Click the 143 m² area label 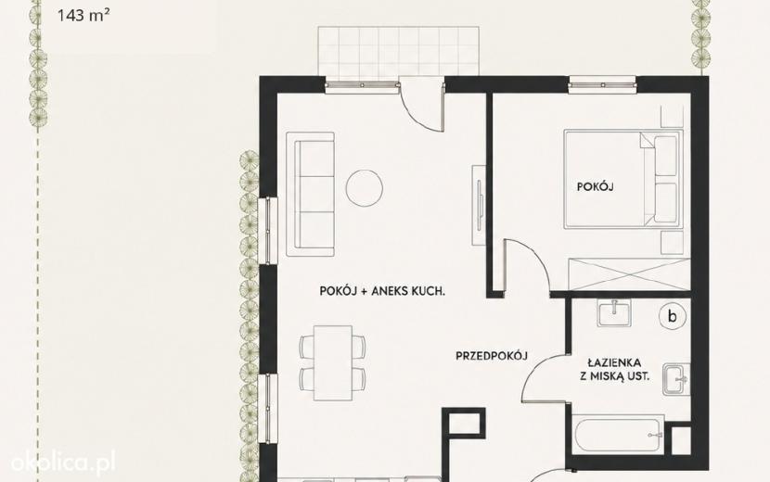(x=83, y=15)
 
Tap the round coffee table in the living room (x=364, y=188)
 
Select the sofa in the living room (x=311, y=195)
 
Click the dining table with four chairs (x=333, y=362)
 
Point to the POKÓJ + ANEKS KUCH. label (x=382, y=291)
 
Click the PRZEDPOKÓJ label (x=492, y=356)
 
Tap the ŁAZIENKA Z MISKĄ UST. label (x=615, y=370)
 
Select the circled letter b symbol (x=672, y=316)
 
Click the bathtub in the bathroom (x=618, y=435)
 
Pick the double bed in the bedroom (x=623, y=179)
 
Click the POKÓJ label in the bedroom (x=596, y=187)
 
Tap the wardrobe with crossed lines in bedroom (x=629, y=274)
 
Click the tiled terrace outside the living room (x=398, y=52)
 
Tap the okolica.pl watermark (x=63, y=462)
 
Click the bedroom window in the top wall (x=602, y=85)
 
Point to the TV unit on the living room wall (x=480, y=205)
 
